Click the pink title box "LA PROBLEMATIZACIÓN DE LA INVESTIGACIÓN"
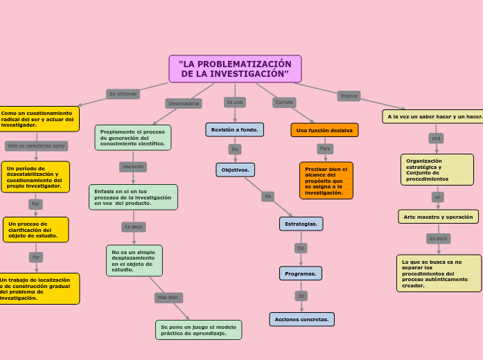click(235, 69)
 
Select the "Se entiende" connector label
click(123, 93)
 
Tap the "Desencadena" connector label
click(184, 103)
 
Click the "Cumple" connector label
click(284, 102)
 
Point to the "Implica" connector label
click(349, 96)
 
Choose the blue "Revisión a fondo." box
click(234, 129)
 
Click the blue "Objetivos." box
click(235, 170)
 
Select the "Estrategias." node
click(301, 224)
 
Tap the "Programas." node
click(300, 273)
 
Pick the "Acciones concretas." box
click(301, 319)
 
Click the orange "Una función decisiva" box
click(324, 130)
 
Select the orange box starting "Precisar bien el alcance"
click(326, 180)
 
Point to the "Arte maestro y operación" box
click(438, 217)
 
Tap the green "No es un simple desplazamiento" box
click(134, 260)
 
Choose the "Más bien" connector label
click(168, 298)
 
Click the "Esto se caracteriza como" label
click(36, 146)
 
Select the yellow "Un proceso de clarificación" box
click(35, 230)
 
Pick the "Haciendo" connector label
click(132, 167)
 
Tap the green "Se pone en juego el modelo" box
click(198, 330)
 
